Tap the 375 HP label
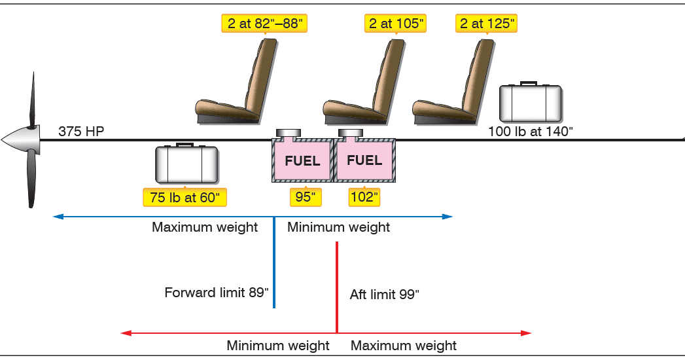(81, 131)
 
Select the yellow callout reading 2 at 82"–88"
(264, 24)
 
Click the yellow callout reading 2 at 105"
(395, 24)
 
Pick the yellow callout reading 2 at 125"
(487, 24)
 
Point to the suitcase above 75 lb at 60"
(186, 164)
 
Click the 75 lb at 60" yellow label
(185, 197)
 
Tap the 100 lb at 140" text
(530, 131)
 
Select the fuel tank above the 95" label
(302, 160)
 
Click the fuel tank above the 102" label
(364, 160)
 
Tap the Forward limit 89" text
(217, 293)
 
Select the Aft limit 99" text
(385, 295)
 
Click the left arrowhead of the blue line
(58, 216)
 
